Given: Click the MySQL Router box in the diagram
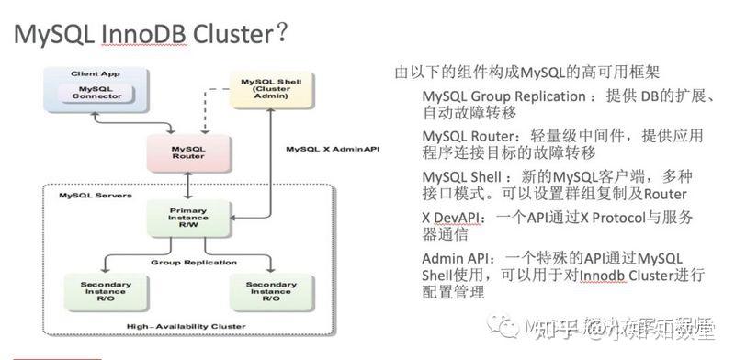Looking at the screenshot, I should click(187, 152).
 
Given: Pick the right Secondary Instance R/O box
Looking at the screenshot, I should click(271, 291).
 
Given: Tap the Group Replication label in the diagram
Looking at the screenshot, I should click(188, 262).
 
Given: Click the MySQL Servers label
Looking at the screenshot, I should click(87, 196).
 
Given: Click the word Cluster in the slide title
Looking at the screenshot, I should click(234, 33).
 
